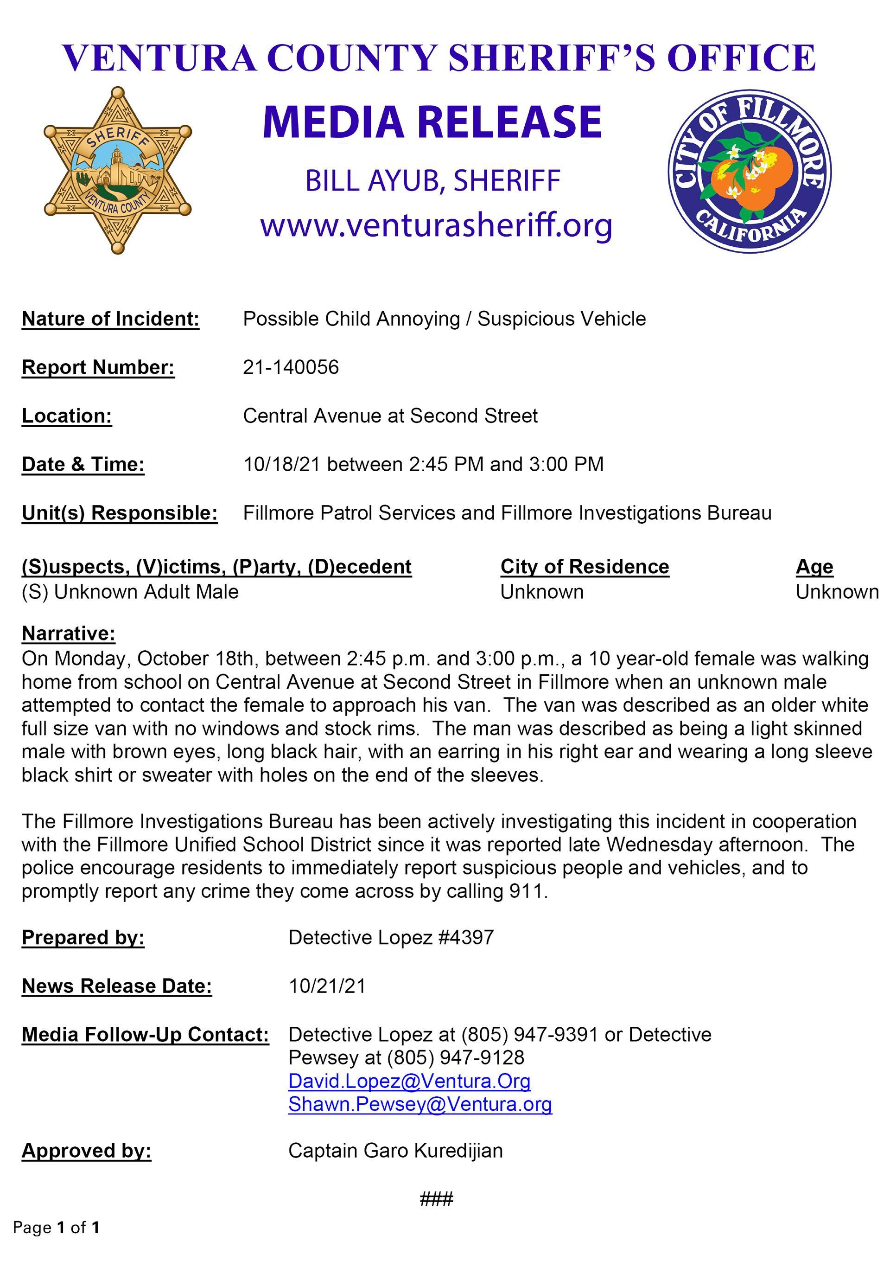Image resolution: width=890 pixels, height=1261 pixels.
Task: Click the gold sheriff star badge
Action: point(117,170)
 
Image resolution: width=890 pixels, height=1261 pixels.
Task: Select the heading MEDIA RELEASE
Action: point(432,122)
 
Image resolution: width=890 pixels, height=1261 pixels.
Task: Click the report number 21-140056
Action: point(291,367)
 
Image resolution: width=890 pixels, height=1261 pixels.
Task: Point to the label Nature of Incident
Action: point(110,319)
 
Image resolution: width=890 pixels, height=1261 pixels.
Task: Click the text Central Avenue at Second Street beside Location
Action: point(390,416)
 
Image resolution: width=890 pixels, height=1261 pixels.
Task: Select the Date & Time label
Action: point(83,465)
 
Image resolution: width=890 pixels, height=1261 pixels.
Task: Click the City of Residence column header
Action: point(584,566)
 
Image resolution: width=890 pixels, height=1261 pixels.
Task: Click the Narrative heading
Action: point(69,633)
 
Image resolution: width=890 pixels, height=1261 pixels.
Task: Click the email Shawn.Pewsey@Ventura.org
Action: point(420,1104)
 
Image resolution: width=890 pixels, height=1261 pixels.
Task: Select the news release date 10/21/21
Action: point(327,986)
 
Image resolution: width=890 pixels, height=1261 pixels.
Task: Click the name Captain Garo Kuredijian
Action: point(395,1151)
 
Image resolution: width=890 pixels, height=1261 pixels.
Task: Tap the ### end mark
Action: point(437,1199)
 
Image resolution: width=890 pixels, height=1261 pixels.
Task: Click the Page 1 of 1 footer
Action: point(57,1228)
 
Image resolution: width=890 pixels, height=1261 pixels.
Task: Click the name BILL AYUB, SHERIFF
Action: point(432,181)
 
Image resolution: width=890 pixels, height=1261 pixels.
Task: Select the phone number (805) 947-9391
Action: point(529,1035)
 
